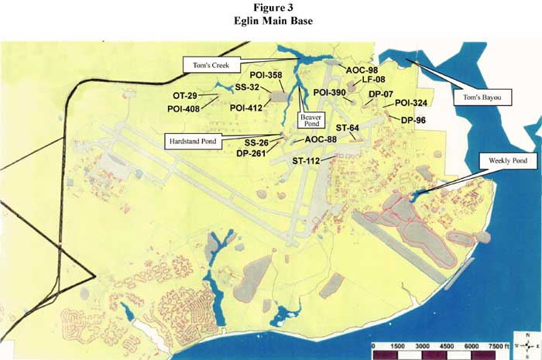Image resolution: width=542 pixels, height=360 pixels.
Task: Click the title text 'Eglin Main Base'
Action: (x=272, y=21)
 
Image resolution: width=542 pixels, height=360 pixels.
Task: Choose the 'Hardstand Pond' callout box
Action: (x=193, y=140)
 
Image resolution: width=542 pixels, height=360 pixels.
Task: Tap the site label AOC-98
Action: (x=362, y=70)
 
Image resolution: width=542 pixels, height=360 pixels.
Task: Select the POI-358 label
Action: (x=266, y=75)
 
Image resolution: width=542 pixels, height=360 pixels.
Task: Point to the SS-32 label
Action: (x=248, y=87)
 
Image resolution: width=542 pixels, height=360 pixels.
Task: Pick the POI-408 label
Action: (x=184, y=108)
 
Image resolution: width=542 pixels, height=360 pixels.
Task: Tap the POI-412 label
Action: (x=246, y=107)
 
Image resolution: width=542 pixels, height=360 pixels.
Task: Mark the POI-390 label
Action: (x=330, y=93)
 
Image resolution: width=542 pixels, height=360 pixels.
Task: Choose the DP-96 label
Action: (x=413, y=120)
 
